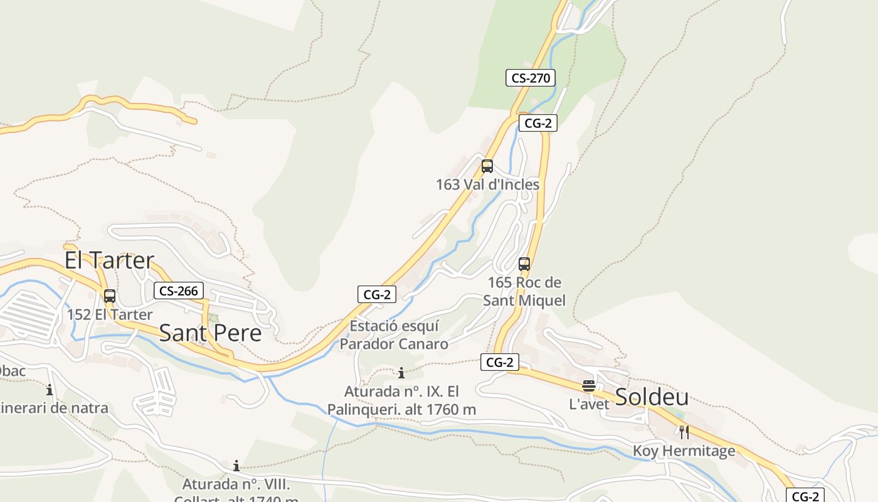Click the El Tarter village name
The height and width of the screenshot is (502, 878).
[109, 260]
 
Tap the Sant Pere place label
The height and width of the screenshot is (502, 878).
[210, 333]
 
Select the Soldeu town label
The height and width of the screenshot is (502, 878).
[652, 397]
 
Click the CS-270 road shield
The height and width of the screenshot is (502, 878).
[530, 78]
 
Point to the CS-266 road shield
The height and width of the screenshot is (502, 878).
[179, 291]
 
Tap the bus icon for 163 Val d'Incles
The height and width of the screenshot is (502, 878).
[487, 166]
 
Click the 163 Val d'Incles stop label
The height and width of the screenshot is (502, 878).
[487, 184]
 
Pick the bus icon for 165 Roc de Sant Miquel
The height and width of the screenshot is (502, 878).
[524, 264]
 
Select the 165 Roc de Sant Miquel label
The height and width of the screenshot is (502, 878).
[524, 291]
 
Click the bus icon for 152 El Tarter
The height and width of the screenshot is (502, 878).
[110, 296]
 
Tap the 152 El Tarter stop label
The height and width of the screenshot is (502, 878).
[110, 314]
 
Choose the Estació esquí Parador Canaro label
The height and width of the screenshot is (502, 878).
[394, 335]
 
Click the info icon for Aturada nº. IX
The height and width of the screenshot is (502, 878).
[401, 373]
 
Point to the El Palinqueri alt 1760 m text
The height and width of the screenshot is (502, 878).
[401, 401]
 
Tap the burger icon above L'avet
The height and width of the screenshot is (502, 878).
[588, 386]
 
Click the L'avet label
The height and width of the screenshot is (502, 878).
[589, 404]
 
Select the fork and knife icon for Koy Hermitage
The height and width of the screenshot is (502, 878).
[684, 432]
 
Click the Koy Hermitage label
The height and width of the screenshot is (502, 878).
[684, 451]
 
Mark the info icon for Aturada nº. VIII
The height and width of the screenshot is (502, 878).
[236, 466]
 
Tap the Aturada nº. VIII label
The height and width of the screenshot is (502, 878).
[236, 485]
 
